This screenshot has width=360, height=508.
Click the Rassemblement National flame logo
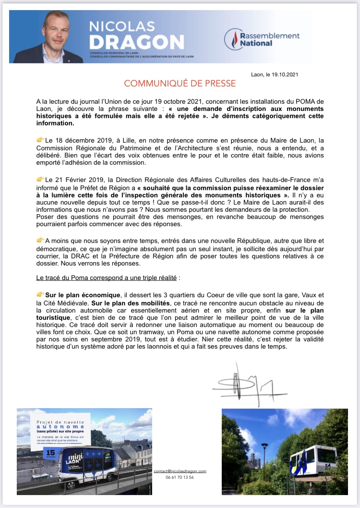[x=234, y=39]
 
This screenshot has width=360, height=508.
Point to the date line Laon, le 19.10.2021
[x=277, y=74]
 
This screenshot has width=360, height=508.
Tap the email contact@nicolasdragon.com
[x=180, y=472]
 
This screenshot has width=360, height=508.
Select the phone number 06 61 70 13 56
[x=180, y=478]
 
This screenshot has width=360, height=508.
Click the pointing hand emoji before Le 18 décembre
[x=40, y=140]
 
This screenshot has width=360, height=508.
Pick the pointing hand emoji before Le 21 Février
[x=40, y=179]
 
